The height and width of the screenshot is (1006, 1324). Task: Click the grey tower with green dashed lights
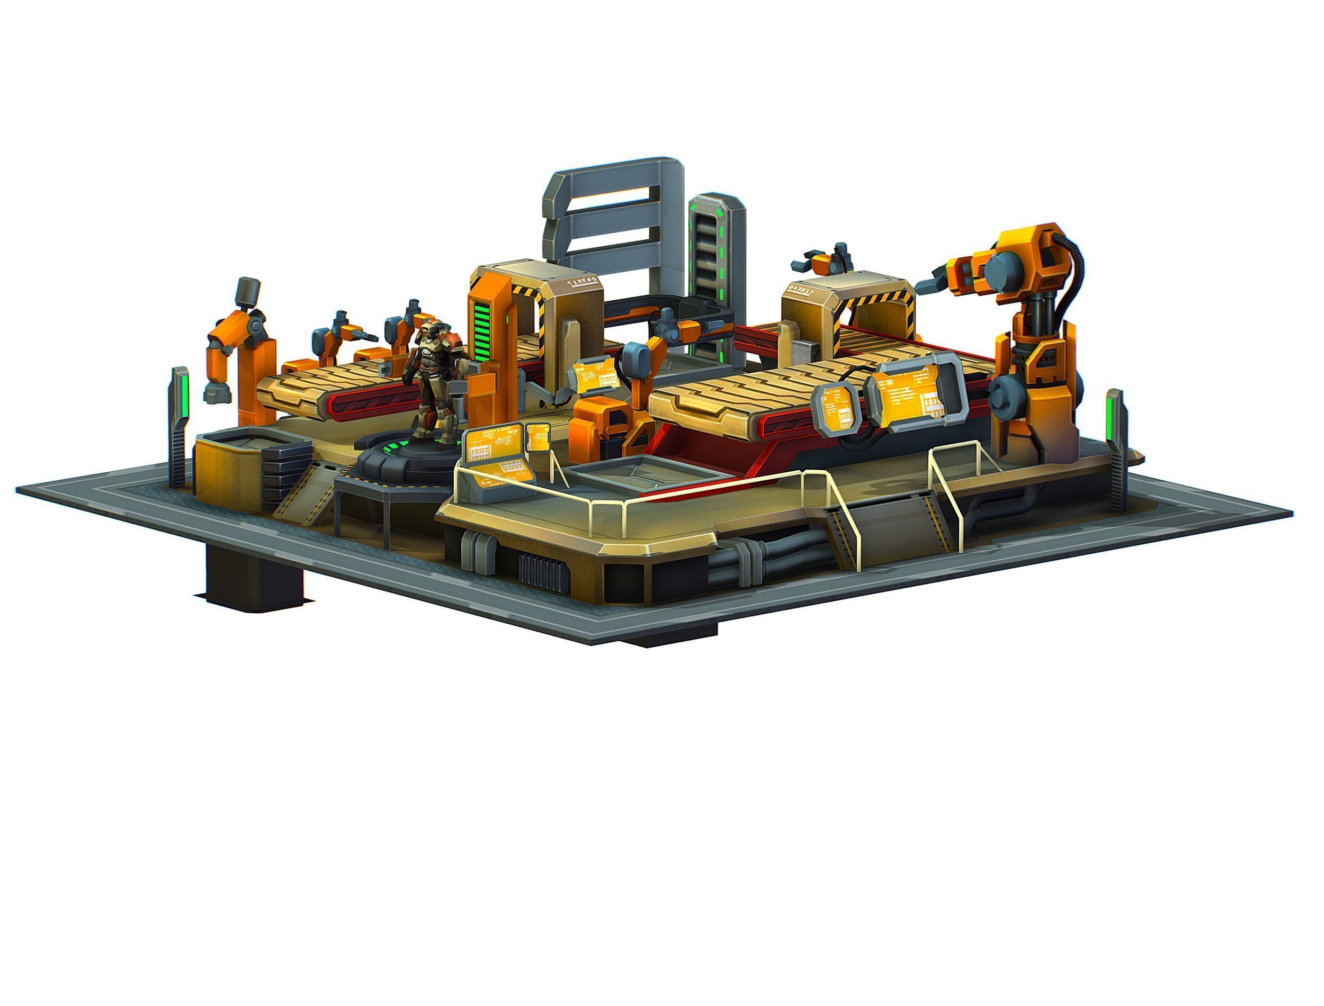pos(715,264)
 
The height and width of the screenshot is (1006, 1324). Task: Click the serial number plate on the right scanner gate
pos(802,288)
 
